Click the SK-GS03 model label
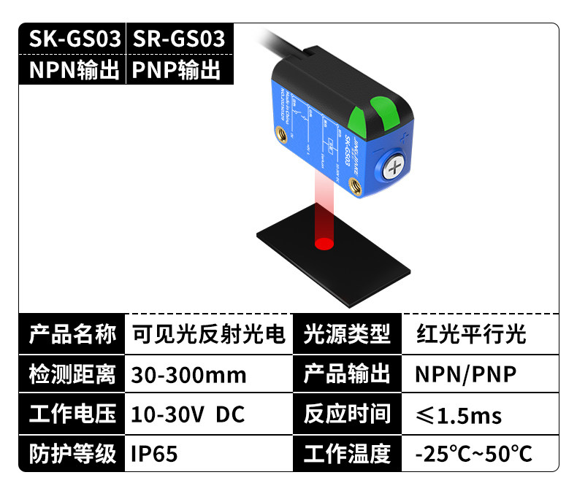coord(74,39)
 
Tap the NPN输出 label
coord(74,71)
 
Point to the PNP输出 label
coord(176,71)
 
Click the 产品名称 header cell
coord(72,335)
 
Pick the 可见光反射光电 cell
coord(208,335)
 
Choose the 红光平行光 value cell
coord(471,335)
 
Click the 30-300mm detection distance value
coord(188,375)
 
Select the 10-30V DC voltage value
coord(188,414)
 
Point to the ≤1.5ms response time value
coord(459,416)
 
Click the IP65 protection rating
coord(154,454)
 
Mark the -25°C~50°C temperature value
coord(474,454)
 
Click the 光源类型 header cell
coord(347,335)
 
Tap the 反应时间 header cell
coord(347,414)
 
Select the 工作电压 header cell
coord(72,414)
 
